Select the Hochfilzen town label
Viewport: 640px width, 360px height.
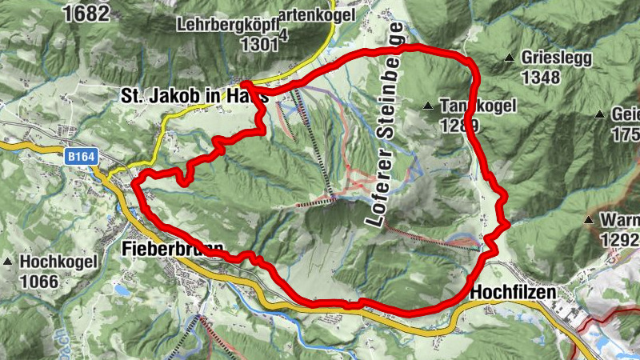point(514,294)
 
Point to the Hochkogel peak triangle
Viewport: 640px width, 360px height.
point(9,262)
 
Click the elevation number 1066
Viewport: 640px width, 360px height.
point(39,281)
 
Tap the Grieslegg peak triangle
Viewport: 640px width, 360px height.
point(510,58)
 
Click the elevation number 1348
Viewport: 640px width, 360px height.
point(542,78)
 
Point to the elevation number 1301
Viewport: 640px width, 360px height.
point(257,44)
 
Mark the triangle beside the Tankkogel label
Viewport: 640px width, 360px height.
point(428,106)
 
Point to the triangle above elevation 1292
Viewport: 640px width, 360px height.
point(590,219)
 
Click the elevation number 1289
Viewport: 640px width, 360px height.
point(458,125)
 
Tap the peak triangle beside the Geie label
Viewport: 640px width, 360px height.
point(601,114)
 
